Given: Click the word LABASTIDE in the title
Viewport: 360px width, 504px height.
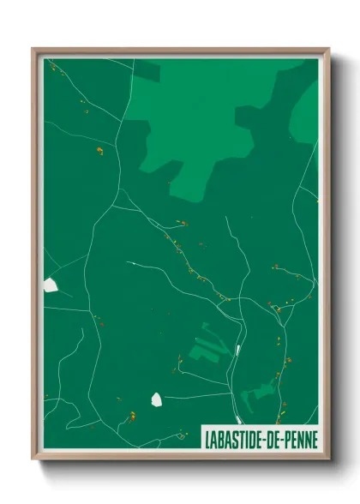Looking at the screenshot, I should pos(232,438).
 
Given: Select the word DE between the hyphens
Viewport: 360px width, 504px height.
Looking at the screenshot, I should pos(271,438).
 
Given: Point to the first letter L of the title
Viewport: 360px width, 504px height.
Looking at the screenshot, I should pos(207,438).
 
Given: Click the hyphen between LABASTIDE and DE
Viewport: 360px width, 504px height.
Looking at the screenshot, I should pos(262,438).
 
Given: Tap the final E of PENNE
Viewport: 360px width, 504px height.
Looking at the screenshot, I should pos(314,438).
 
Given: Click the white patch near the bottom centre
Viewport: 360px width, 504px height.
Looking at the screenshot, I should pos(157,399).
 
